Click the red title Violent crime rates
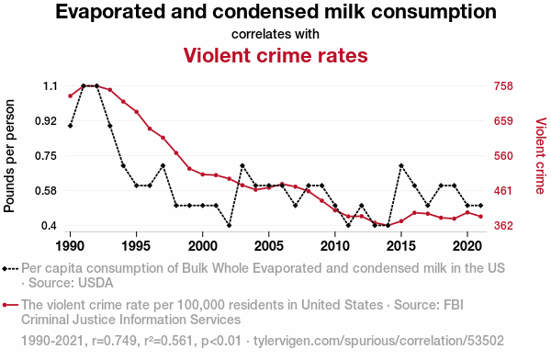point(275,55)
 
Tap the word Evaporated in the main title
point(110,12)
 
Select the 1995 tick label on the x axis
point(136,246)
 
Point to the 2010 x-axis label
point(335,246)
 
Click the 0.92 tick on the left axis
point(46,121)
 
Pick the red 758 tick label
point(503,85)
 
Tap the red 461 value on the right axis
point(503,191)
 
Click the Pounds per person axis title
point(9,156)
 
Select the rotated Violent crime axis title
point(541,156)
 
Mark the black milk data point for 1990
point(71,126)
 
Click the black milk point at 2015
point(401,165)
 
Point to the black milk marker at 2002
point(229,225)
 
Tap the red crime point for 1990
point(71,96)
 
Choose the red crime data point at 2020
point(467,212)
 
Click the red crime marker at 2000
point(202,174)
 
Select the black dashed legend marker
point(10,269)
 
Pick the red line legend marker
point(10,305)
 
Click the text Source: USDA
point(71,283)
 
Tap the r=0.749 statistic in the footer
point(114,341)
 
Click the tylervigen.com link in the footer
point(378,341)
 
